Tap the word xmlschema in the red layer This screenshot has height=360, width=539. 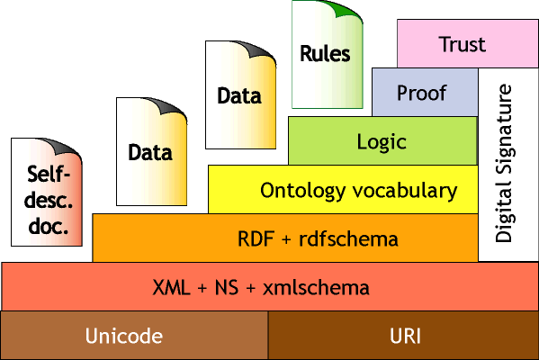point(316,288)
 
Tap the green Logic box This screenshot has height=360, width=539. point(382,141)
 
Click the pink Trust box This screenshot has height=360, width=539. point(462,43)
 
